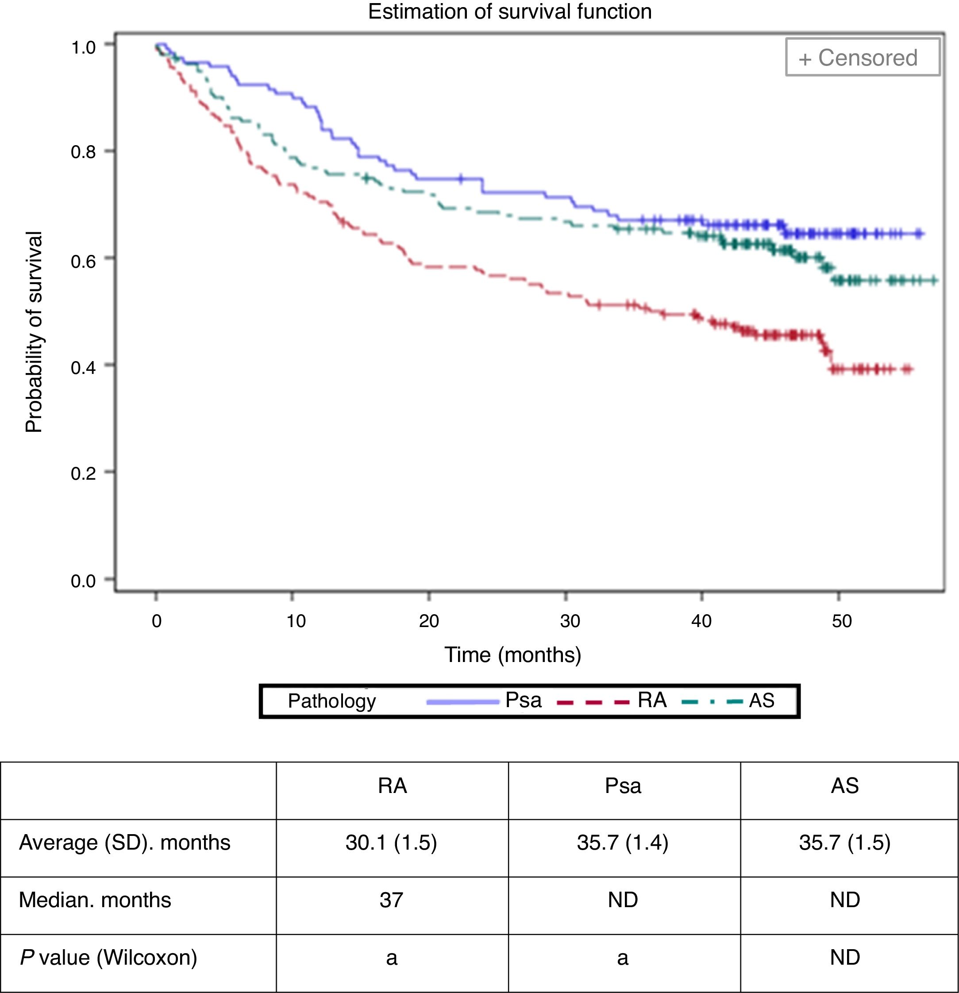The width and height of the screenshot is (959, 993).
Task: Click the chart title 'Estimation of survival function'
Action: point(510,12)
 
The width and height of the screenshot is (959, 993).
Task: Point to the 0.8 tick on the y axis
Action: point(84,151)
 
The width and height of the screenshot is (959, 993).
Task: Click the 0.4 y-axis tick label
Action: point(84,367)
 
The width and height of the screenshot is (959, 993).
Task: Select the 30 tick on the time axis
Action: point(570,620)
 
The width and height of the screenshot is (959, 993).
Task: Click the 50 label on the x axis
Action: point(841,620)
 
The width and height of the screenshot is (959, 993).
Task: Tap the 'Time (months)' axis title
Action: point(512,654)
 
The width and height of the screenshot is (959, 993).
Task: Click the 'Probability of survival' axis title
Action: point(34,332)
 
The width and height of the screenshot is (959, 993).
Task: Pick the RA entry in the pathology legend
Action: point(651,700)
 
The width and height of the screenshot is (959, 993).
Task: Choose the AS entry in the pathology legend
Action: point(762,700)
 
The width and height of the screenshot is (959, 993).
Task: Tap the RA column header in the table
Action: point(392,786)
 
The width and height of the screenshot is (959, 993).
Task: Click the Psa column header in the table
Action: point(623,786)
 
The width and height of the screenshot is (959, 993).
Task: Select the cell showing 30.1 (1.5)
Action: point(391,843)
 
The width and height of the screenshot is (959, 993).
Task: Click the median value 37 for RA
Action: point(391,900)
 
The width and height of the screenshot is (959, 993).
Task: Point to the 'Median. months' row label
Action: point(95,900)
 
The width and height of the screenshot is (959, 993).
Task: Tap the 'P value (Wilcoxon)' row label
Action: point(108,958)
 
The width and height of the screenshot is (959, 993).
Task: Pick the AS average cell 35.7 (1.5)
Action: point(844,843)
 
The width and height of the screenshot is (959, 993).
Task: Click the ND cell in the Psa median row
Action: point(623,900)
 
